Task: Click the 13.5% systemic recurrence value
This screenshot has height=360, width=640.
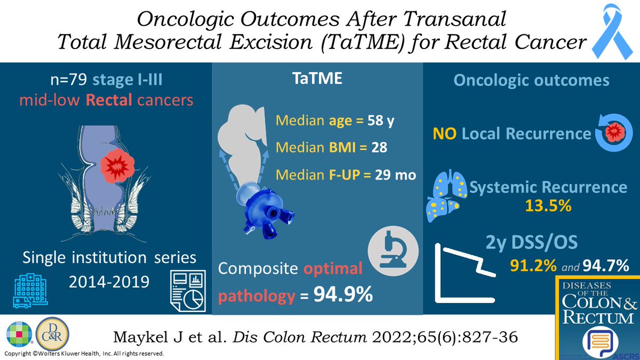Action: coord(545,206)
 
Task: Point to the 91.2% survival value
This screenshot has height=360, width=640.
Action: coord(530,265)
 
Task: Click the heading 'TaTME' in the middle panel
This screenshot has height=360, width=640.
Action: coord(318,79)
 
